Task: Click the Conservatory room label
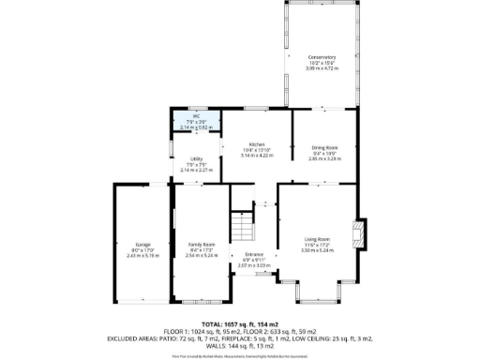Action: point(321,57)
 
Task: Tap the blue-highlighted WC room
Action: point(198,121)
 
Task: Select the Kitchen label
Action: point(256,144)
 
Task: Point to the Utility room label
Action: point(197,159)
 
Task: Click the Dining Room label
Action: point(324,148)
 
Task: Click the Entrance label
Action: point(254,254)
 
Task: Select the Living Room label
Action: point(318,239)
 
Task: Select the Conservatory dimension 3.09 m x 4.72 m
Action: point(321,68)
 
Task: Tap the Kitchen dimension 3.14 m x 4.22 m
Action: point(256,156)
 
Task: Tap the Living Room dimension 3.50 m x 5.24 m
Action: point(318,250)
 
